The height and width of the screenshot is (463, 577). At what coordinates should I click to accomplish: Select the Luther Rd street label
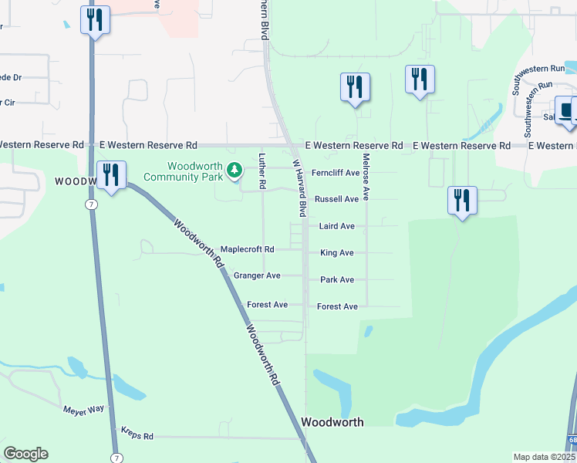[262, 171]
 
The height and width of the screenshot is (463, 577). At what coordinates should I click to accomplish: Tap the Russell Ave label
[336, 199]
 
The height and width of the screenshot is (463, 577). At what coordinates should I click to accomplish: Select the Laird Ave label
[336, 226]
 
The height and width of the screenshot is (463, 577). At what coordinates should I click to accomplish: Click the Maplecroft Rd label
[247, 249]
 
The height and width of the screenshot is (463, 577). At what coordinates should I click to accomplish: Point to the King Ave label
[336, 253]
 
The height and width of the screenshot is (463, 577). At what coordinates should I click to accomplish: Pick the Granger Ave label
[257, 275]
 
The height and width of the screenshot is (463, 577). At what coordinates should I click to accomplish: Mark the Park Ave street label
[336, 280]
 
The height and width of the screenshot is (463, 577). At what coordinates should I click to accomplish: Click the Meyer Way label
[83, 409]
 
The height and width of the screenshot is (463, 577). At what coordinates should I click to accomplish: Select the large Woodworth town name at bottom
[332, 422]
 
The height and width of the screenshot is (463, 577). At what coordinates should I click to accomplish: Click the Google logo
[25, 454]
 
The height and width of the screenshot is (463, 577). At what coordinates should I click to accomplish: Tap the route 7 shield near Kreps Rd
[115, 448]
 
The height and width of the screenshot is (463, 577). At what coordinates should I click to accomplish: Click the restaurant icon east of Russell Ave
[462, 201]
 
